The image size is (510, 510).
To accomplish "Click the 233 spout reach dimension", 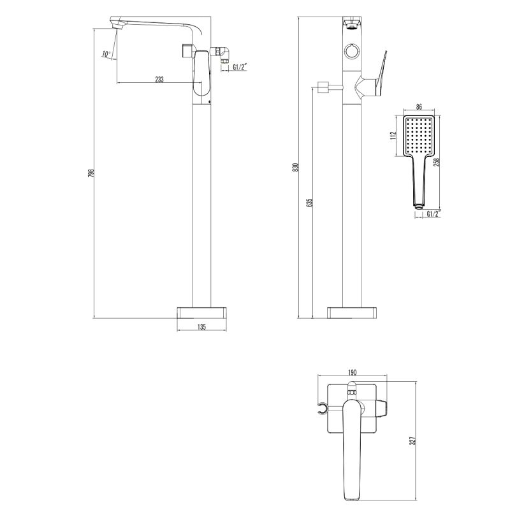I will click(x=159, y=79).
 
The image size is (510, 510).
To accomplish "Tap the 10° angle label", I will click(x=105, y=54).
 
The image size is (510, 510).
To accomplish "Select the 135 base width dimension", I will click(x=201, y=326).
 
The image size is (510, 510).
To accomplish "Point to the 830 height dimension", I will click(x=295, y=167).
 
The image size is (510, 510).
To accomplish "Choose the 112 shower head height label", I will click(x=394, y=135).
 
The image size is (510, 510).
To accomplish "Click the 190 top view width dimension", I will click(x=352, y=372).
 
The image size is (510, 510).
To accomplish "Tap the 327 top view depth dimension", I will click(x=412, y=441).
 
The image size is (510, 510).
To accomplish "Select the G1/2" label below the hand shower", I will click(x=432, y=214).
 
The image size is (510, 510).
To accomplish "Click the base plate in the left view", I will click(x=201, y=312).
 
